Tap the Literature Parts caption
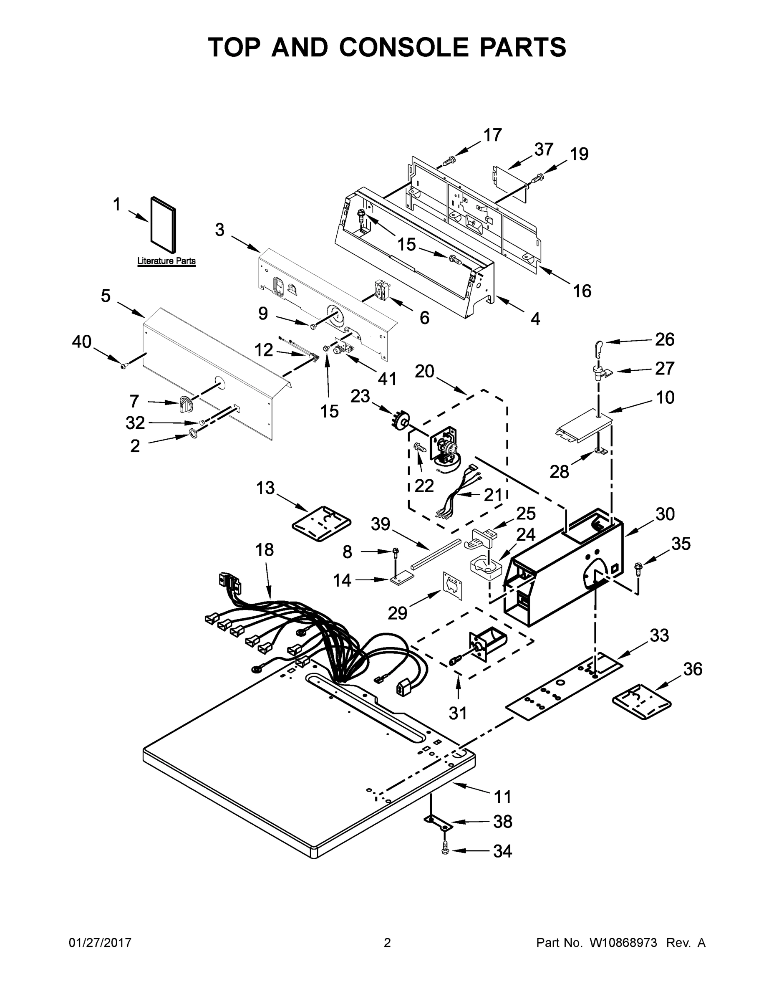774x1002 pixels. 166,261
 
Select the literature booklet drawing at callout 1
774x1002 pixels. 163,225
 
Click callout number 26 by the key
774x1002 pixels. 664,339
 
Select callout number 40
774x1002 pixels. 82,342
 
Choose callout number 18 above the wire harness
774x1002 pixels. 265,549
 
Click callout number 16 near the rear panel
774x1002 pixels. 582,291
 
